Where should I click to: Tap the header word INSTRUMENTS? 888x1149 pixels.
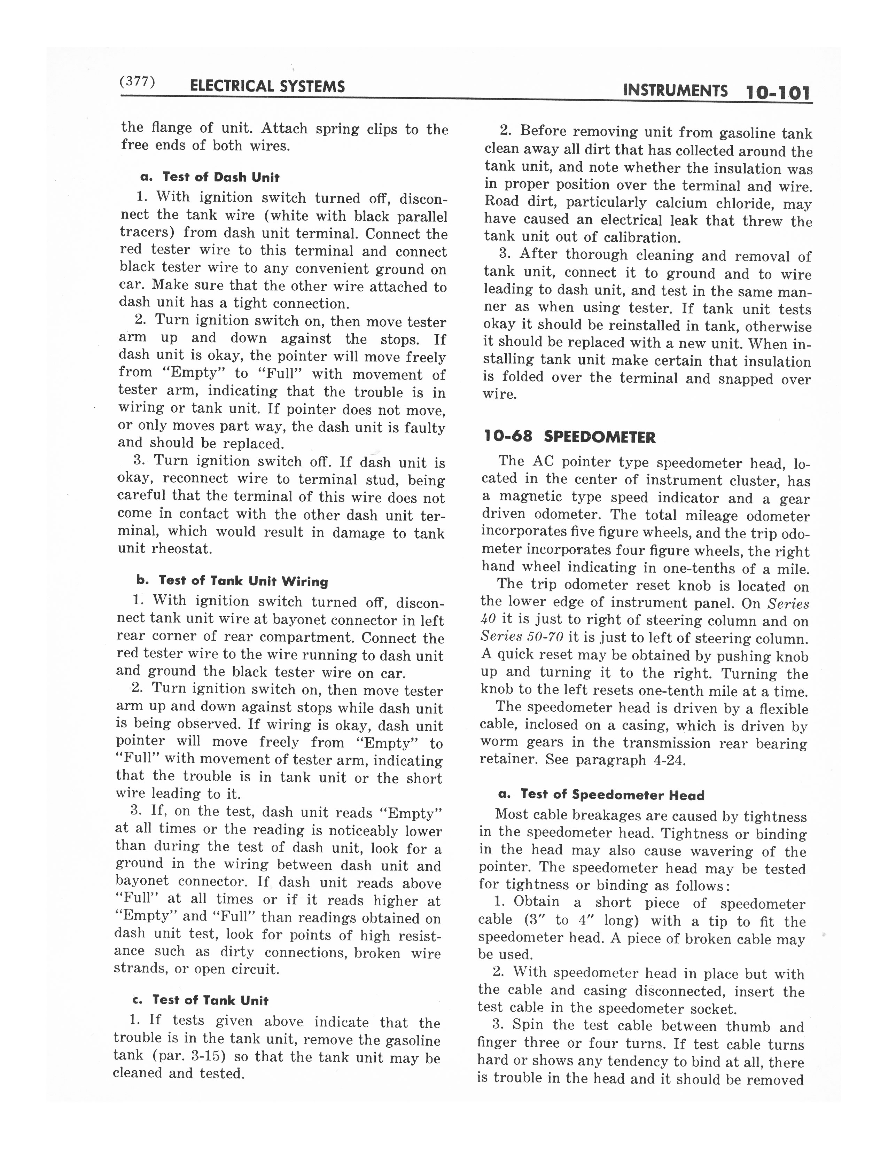(675, 91)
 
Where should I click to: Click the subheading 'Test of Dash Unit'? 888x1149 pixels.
(220, 177)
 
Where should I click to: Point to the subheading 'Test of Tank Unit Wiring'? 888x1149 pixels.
(243, 581)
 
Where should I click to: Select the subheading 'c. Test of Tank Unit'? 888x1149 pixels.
(202, 1000)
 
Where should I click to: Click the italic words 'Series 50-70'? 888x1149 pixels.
(521, 637)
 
